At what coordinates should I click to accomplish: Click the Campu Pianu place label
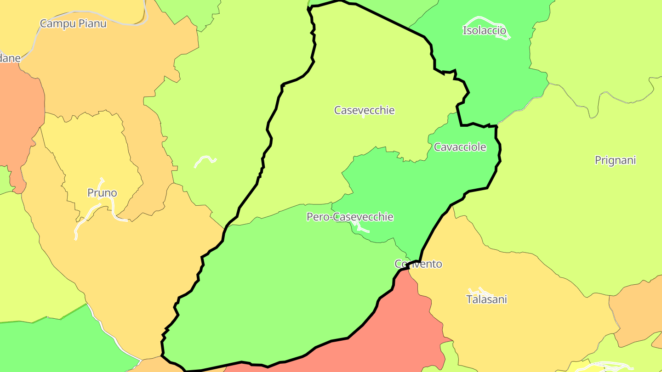coord(73,23)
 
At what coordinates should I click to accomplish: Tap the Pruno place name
coord(102,193)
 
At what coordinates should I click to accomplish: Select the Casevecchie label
coord(364,110)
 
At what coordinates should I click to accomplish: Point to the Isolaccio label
coord(484,31)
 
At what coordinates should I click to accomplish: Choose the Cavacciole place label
coord(460,147)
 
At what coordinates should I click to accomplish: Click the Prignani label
coord(615,160)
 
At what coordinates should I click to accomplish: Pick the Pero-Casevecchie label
coord(350,217)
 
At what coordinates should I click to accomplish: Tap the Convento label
coord(418,264)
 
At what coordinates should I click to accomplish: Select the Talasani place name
coord(486,299)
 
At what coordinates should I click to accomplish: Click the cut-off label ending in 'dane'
coord(10,58)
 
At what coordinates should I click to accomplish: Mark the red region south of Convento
coord(405,321)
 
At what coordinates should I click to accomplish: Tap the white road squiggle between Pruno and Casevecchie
coord(205,160)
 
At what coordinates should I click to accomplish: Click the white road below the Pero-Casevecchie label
coord(361,228)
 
